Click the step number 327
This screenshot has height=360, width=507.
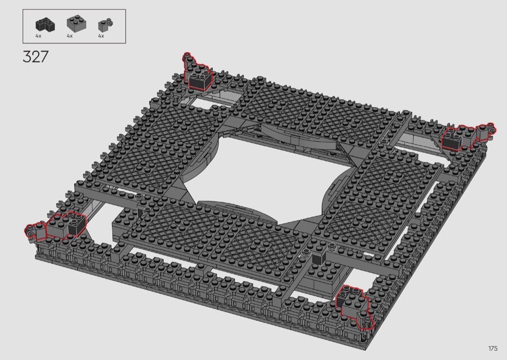pyautogui.click(x=36, y=56)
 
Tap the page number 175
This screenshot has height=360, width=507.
pyautogui.click(x=493, y=348)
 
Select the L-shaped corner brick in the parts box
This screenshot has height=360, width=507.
pyautogui.click(x=45, y=25)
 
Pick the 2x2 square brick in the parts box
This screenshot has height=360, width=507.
pyautogui.click(x=77, y=23)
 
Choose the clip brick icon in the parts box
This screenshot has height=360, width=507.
pyautogui.click(x=105, y=25)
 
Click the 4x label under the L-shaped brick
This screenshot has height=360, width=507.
pyautogui.click(x=39, y=36)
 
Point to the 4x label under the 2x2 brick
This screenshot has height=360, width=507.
pyautogui.click(x=70, y=36)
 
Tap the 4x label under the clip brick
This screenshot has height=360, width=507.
pyautogui.click(x=101, y=36)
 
